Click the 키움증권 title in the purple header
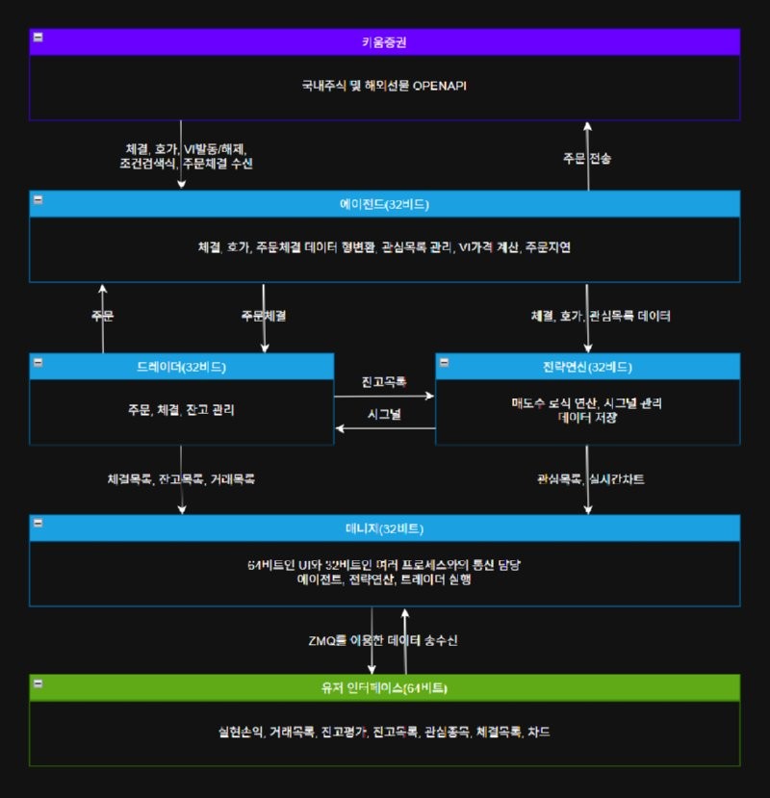[x=384, y=42]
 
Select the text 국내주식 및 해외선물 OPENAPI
[x=384, y=86]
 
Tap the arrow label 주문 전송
[x=587, y=157]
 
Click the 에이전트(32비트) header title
[x=384, y=204]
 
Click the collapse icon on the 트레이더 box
[x=38, y=362]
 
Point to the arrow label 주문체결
[x=263, y=316]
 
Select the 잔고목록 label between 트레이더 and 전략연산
[x=384, y=382]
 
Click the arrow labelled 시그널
[x=385, y=428]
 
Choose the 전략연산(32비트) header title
[x=587, y=367]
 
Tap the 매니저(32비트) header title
[x=384, y=528]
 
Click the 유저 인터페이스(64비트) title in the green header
[x=384, y=688]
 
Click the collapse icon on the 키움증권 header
[x=38, y=37]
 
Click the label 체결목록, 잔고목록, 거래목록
[x=181, y=478]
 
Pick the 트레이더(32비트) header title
[x=181, y=367]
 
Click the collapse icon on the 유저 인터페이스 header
[x=38, y=682]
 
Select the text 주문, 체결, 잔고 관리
[x=181, y=410]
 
